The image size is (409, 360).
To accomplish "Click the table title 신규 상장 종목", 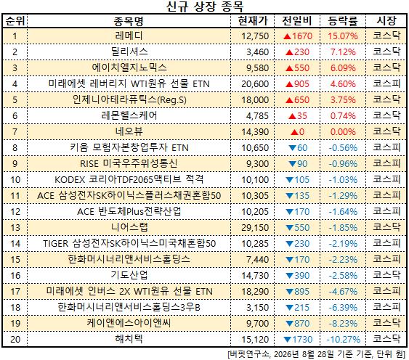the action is tap(205, 7).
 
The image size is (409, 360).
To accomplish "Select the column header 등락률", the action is tap(343, 20).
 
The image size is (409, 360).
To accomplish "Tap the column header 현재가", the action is tap(253, 20).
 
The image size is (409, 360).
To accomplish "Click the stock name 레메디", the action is tap(129, 36).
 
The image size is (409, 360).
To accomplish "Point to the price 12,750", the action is tap(255, 36).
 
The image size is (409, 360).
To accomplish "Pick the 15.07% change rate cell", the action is tap(343, 36).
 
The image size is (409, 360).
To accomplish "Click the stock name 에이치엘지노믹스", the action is tap(129, 67).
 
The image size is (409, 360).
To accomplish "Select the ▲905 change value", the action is tap(297, 84).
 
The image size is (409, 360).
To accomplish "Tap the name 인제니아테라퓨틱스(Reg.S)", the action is tap(129, 100).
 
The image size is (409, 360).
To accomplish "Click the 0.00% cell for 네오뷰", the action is tap(343, 132).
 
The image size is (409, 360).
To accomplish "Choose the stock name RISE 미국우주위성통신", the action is tap(129, 164).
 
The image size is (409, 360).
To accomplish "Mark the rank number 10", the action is tap(15, 180).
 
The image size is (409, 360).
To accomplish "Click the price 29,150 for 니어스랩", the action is tap(255, 228).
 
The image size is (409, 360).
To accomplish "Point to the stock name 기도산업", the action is tap(129, 275).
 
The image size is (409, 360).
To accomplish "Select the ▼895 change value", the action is tap(297, 292).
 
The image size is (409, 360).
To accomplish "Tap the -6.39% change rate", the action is tap(343, 308).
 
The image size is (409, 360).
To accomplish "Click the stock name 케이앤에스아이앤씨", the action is tap(129, 323).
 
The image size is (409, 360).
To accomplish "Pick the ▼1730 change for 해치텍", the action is tap(298, 340).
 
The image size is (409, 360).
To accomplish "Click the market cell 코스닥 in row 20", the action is tap(386, 339).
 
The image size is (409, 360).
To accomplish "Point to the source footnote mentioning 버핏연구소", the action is tap(316, 354).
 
